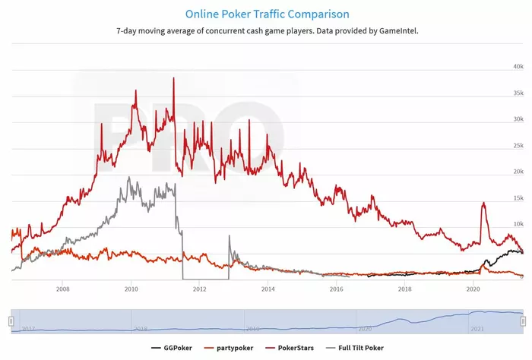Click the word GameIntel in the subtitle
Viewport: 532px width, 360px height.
click(391, 31)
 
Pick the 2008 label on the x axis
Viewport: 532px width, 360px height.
click(62, 289)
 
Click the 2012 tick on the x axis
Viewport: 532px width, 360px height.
click(199, 289)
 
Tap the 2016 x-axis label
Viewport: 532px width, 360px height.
click(336, 289)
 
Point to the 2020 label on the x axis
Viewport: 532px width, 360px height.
click(473, 289)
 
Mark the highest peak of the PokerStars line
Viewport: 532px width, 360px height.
click(174, 78)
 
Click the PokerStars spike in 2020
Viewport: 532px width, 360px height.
click(483, 203)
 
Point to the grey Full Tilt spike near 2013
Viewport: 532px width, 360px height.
click(229, 236)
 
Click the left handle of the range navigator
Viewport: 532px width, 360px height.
click(11, 321)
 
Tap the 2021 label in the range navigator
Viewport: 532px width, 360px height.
click(476, 329)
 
